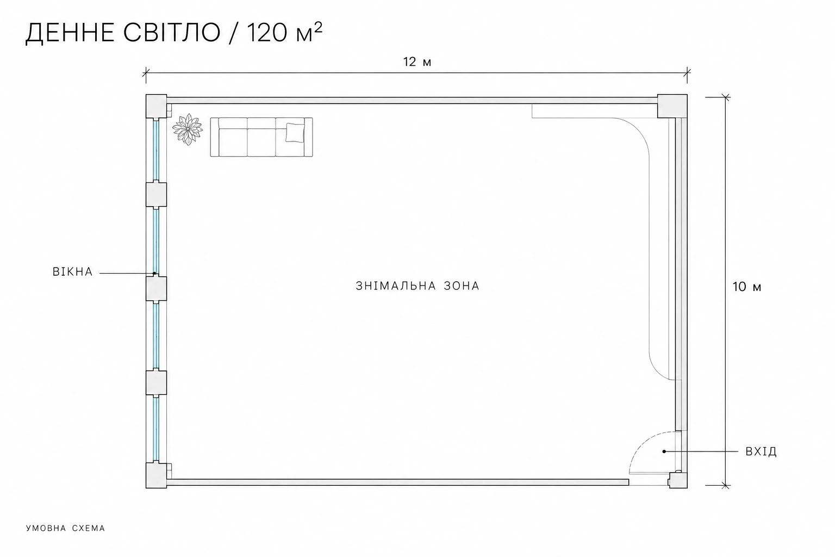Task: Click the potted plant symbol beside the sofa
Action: coord(188,129)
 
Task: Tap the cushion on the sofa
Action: coord(295,132)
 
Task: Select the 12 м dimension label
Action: coord(417,61)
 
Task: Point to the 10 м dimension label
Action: coord(746,287)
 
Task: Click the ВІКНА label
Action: coord(73,271)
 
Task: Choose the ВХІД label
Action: coord(761,451)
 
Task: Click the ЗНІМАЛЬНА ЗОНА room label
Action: coord(417,286)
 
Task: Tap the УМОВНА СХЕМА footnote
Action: coord(66,528)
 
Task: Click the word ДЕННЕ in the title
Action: coord(70,33)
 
